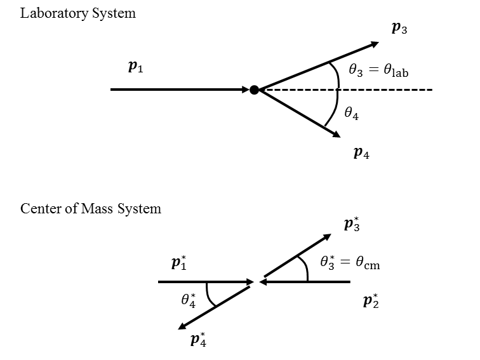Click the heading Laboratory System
(x=78, y=13)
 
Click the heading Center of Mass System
(x=91, y=208)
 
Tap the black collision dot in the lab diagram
(x=254, y=90)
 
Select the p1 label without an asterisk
(x=136, y=67)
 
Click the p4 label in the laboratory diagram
(x=362, y=152)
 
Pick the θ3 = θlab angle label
(x=378, y=70)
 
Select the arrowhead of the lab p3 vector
(x=375, y=44)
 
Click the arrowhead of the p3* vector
(x=327, y=237)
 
